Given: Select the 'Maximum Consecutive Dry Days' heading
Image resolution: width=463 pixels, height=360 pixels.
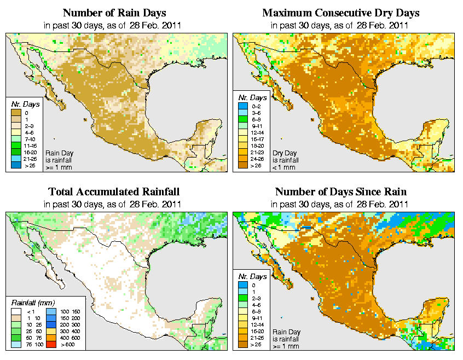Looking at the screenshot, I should (340, 13).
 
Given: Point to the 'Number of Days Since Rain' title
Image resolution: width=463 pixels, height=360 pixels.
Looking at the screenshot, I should (340, 192).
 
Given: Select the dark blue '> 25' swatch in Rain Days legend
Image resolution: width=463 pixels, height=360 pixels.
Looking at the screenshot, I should (16, 165).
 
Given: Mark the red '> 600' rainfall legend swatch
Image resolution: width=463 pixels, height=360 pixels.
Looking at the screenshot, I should (50, 345).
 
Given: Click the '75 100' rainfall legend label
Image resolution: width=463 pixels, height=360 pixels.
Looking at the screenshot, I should (31, 345).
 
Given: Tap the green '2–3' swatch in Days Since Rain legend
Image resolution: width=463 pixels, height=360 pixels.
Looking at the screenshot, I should (242, 298).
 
